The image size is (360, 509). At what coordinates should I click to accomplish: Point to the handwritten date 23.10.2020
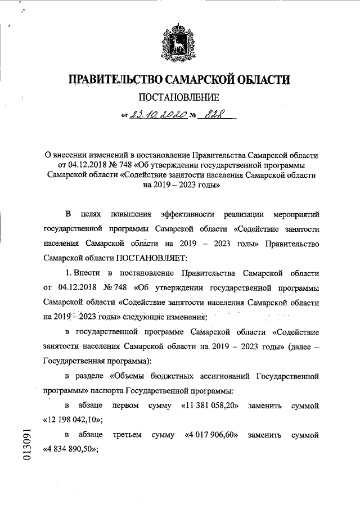(x=157, y=116)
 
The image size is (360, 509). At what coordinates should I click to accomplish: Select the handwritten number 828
(x=211, y=116)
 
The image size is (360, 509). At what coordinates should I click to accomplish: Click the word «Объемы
(x=127, y=375)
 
